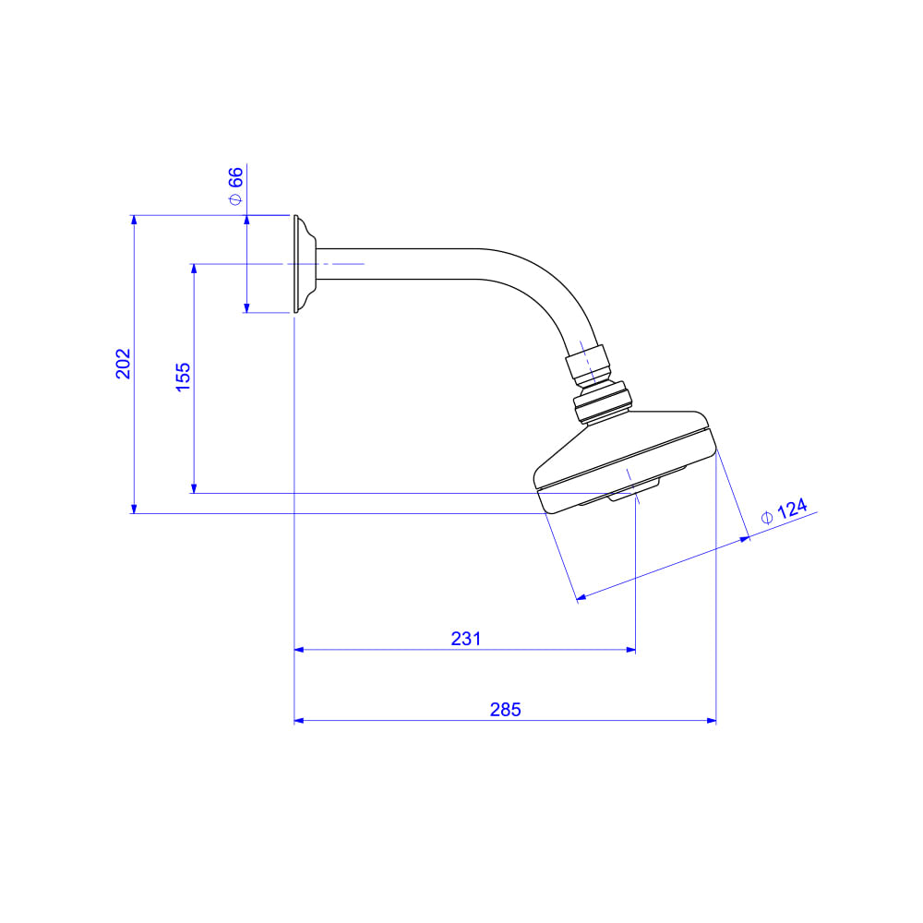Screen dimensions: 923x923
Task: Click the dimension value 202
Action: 123,363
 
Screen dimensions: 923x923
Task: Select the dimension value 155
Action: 183,377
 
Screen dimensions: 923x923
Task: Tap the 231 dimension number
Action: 465,639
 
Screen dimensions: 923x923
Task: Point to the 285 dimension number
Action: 506,709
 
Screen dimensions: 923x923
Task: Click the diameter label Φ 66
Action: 235,186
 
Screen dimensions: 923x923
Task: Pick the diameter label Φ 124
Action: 784,511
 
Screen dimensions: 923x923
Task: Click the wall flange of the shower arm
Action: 305,264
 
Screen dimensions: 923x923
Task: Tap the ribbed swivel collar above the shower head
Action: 603,403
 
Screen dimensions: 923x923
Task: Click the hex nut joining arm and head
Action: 588,366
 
